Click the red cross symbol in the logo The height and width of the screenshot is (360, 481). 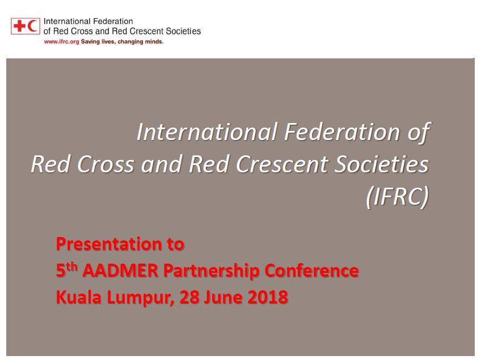pyautogui.click(x=19, y=26)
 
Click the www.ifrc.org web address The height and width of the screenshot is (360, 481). pyautogui.click(x=61, y=42)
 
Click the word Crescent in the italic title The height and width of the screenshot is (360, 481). pyautogui.click(x=282, y=164)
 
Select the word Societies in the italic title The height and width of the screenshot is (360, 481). pyautogui.click(x=381, y=164)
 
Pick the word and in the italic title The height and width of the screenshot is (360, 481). pyautogui.click(x=162, y=164)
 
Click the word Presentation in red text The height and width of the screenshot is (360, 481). pyautogui.click(x=109, y=244)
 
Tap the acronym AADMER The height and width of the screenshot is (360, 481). pyautogui.click(x=120, y=270)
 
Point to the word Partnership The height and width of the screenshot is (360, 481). pyautogui.click(x=211, y=272)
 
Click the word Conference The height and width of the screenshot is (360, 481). pyautogui.click(x=311, y=270)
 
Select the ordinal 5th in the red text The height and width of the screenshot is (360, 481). pyautogui.click(x=66, y=270)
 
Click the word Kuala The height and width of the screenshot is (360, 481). pyautogui.click(x=79, y=297)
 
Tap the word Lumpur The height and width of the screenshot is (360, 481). pyautogui.click(x=141, y=298)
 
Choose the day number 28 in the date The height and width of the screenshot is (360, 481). pyautogui.click(x=189, y=297)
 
